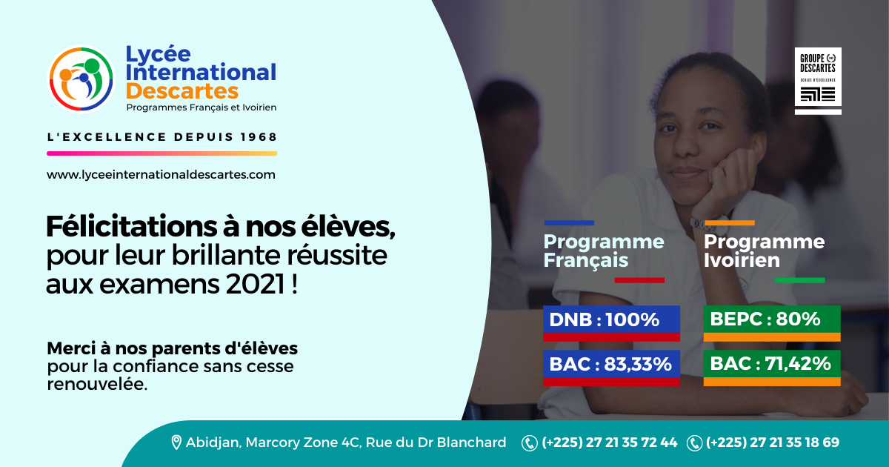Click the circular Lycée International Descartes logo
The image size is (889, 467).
click(x=81, y=79)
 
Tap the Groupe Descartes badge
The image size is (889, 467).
click(x=818, y=81)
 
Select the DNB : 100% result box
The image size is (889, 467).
click(x=612, y=323)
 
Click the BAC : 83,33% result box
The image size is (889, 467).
click(x=612, y=368)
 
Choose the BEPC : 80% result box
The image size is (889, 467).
click(x=772, y=323)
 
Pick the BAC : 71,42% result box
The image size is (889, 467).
click(x=772, y=368)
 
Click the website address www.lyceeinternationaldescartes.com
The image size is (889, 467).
click(x=161, y=175)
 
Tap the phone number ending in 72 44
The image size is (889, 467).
click(x=609, y=443)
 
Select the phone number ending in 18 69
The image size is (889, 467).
click(x=773, y=443)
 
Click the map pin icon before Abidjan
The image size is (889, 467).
click(x=176, y=443)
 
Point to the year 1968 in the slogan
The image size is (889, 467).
click(x=259, y=137)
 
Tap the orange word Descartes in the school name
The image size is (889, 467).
click(x=182, y=91)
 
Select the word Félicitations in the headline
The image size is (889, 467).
click(x=131, y=227)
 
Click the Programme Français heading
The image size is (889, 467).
click(x=604, y=251)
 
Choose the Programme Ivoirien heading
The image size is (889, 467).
click(x=764, y=251)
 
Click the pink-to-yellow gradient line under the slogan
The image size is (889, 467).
click(x=162, y=153)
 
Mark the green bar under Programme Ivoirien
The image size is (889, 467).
click(x=799, y=280)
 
